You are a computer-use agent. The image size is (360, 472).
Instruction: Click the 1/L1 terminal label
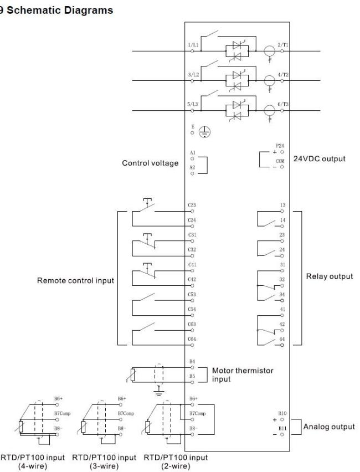click(x=193, y=45)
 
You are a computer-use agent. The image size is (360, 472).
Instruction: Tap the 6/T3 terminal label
click(x=282, y=104)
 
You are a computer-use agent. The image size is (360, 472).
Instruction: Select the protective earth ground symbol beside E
click(x=205, y=132)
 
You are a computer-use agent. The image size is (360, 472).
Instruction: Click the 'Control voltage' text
click(x=150, y=163)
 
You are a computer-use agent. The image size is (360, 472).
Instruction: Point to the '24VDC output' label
click(x=320, y=158)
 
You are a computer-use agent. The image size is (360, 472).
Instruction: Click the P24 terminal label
click(x=280, y=146)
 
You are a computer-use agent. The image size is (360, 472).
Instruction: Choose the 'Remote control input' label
click(x=75, y=280)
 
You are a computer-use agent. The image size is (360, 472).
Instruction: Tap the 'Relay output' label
click(x=330, y=276)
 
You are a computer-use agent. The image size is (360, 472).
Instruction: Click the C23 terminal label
click(x=192, y=205)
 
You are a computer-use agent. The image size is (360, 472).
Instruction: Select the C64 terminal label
click(x=192, y=339)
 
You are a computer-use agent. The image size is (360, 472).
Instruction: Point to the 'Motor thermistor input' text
click(x=243, y=374)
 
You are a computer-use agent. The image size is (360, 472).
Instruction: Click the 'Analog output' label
click(x=329, y=427)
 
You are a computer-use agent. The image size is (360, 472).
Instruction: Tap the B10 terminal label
click(x=282, y=413)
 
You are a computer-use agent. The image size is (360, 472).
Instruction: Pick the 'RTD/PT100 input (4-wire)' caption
click(x=33, y=462)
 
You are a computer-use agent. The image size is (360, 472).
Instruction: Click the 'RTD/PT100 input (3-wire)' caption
click(x=104, y=462)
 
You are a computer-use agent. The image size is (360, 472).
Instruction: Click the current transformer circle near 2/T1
click(x=269, y=51)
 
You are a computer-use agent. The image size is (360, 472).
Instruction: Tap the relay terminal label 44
click(x=282, y=339)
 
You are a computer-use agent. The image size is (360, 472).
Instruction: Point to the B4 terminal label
click(x=192, y=361)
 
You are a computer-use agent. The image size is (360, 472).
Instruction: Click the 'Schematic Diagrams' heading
click(x=60, y=10)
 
